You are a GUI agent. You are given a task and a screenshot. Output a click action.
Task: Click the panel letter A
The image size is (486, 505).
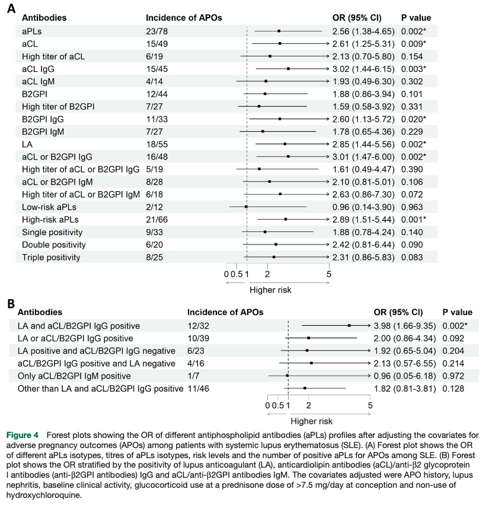coord(11,8)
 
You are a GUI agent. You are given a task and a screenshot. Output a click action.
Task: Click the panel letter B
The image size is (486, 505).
coord(11,303)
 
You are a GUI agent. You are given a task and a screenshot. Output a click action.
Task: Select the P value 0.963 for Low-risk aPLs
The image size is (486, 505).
coord(412,207)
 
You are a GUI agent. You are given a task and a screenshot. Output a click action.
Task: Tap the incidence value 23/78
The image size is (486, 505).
coord(156,31)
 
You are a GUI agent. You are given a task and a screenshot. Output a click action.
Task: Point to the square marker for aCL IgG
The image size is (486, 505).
coord(289,69)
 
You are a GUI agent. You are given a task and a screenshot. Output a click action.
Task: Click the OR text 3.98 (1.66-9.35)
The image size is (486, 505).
coord(405,326)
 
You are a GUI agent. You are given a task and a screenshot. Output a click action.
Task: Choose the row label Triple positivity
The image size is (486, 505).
coord(51,258)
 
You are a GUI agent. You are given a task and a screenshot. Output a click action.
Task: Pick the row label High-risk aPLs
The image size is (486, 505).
coord(50,220)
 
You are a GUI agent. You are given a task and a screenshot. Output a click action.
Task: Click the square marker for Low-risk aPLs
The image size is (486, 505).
coord(246,207)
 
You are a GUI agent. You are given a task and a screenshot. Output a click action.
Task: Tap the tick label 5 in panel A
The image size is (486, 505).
coord(329,274)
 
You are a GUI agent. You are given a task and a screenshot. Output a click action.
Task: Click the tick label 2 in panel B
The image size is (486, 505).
coord(308,405)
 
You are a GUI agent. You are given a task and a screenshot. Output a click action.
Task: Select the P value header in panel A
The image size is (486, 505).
coord(416,18)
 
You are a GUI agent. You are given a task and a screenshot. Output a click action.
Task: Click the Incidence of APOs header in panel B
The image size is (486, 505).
coord(225,312)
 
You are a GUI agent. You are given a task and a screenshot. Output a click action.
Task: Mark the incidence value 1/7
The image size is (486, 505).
coord(193,376)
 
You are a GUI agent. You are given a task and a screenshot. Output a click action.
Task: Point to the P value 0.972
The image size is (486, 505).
coord(453,376)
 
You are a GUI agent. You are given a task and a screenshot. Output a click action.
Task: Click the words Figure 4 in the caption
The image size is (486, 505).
coord(22,435)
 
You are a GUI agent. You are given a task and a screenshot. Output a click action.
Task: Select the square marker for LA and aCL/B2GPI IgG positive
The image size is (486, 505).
coord(349,326)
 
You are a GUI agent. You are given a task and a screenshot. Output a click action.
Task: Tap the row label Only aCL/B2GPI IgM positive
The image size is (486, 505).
coord(74,376)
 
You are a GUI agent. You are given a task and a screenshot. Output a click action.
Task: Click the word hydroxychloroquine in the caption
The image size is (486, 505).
coord(43,495)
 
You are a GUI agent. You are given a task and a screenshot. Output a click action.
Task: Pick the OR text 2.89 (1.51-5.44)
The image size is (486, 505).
coord(363,220)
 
